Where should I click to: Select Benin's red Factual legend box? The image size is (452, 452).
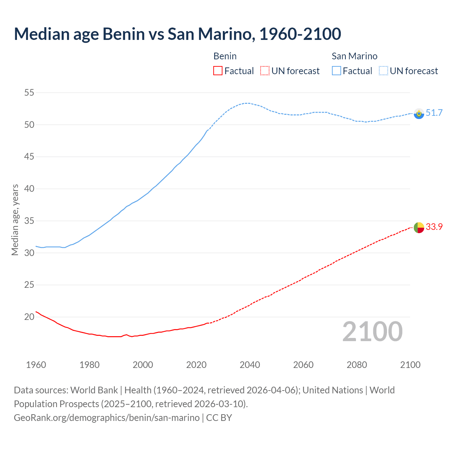coord(218,71)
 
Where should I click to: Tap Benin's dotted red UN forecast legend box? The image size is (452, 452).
coord(265,71)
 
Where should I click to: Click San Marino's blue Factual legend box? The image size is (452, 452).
coord(337,71)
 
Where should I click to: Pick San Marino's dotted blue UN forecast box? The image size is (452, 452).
coord(383,71)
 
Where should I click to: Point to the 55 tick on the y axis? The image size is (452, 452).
coord(29,93)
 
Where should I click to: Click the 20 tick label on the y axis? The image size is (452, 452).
coord(29,317)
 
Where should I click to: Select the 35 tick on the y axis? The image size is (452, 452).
coord(29,221)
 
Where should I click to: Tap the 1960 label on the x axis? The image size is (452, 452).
coord(36,365)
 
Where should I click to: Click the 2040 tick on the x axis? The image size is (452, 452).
coord(250,365)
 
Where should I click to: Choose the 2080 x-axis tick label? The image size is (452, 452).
coord(357,365)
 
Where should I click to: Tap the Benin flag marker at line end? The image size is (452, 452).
coord(419,228)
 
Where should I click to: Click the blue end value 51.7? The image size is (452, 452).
coord(434,113)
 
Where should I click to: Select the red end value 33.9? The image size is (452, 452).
coord(434,227)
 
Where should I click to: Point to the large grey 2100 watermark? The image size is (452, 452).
coord(373,332)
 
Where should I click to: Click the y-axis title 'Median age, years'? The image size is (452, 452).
coord(15,220)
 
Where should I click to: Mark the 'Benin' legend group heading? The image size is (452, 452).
coord(225,56)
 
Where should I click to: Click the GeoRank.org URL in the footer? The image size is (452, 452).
coord(107,418)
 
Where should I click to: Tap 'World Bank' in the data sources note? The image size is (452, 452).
coord(94,390)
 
